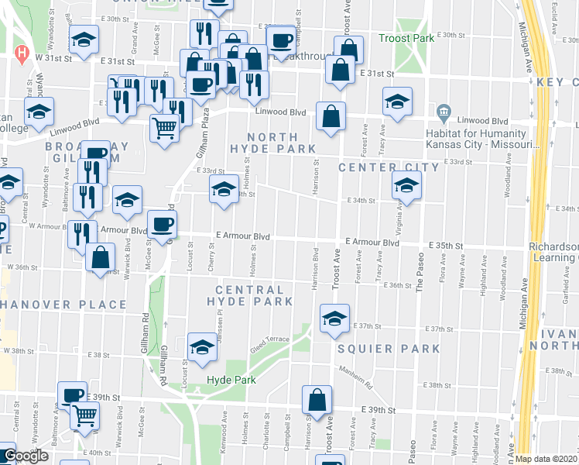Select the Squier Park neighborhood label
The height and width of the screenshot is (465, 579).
tap(389, 349)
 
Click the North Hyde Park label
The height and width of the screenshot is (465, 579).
tap(272, 142)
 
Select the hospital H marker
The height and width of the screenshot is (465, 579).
tap(22, 54)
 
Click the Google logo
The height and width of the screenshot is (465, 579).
tap(26, 456)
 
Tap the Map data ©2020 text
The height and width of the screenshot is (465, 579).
tap(545, 459)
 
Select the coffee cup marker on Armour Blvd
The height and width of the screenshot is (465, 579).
tap(161, 225)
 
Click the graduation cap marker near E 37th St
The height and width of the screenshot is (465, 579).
tap(334, 319)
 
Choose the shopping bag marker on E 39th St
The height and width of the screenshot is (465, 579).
tap(317, 399)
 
